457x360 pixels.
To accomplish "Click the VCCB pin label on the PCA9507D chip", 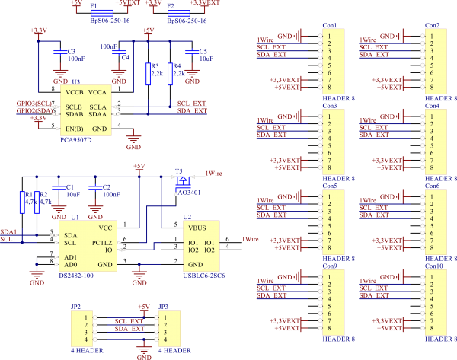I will (75, 92).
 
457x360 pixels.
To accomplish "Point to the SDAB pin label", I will (74, 113).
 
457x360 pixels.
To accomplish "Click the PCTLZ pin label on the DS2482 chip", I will (103, 243).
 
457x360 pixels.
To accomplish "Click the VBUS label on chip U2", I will (197, 228).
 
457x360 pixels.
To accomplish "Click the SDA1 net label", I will (8, 231).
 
